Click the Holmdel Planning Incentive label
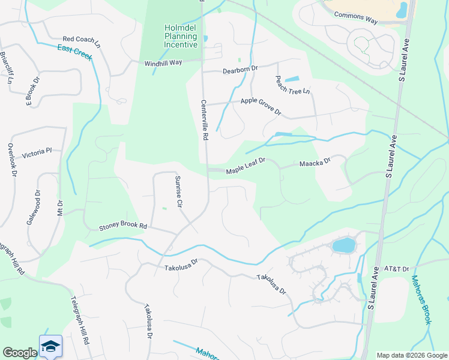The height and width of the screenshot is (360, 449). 181,36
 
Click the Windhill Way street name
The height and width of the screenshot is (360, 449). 163,63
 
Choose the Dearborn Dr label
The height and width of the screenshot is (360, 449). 240,69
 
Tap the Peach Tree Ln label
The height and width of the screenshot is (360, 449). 293,84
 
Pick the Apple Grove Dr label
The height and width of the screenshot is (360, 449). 261,106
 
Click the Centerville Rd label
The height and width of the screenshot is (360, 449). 204,120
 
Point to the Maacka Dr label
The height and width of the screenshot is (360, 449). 315,163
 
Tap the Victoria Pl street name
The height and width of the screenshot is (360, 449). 37,154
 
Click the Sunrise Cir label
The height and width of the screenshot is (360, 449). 178,191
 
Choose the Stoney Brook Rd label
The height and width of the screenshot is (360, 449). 123,226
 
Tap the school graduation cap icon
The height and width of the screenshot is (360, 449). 51,347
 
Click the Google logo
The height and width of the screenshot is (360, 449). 20,352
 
